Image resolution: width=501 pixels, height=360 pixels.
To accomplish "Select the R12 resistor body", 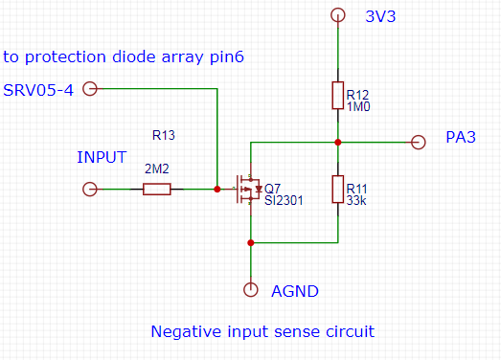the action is [338, 96].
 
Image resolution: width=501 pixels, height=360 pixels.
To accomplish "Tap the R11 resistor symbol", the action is [338, 190].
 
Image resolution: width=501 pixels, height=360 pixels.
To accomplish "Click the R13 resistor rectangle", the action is [156, 190].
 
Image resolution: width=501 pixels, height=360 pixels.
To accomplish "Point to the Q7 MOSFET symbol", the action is [248, 190].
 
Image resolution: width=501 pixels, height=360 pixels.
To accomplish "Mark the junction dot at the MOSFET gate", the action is [217, 190].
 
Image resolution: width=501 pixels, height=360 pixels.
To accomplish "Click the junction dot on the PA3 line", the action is [338, 142].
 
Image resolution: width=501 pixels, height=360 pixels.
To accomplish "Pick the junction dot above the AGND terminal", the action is [251, 243].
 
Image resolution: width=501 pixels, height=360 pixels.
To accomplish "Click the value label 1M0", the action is [358, 106].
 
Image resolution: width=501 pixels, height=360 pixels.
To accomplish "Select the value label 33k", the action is [356, 200].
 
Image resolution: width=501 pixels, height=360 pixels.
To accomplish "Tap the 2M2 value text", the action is [156, 169].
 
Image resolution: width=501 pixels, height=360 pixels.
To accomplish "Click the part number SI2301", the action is [284, 200].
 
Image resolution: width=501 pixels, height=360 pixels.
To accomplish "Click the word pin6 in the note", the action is [227, 57].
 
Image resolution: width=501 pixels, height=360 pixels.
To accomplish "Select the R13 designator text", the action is [164, 135].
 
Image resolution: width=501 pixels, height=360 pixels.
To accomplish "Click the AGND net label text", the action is [295, 291].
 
